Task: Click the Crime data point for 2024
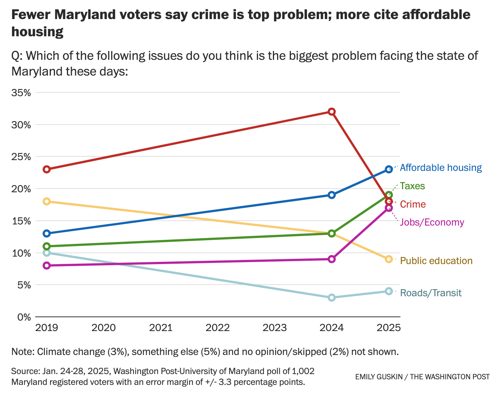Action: [x=331, y=111]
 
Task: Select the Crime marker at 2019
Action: [x=47, y=169]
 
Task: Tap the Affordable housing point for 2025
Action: [x=388, y=169]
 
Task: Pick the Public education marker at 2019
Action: [x=47, y=201]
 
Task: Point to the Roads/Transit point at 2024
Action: [x=331, y=297]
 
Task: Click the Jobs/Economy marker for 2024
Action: [x=331, y=259]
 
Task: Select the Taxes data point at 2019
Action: [x=47, y=246]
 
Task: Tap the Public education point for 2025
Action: [x=388, y=259]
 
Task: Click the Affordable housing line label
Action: [x=440, y=168]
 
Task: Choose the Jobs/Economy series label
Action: [x=432, y=222]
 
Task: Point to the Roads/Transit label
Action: [x=431, y=293]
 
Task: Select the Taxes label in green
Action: [x=412, y=186]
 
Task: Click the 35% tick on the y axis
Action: [x=21, y=92]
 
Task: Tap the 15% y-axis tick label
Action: [x=21, y=221]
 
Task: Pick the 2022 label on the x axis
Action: [x=218, y=328]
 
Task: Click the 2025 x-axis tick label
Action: [x=388, y=328]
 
